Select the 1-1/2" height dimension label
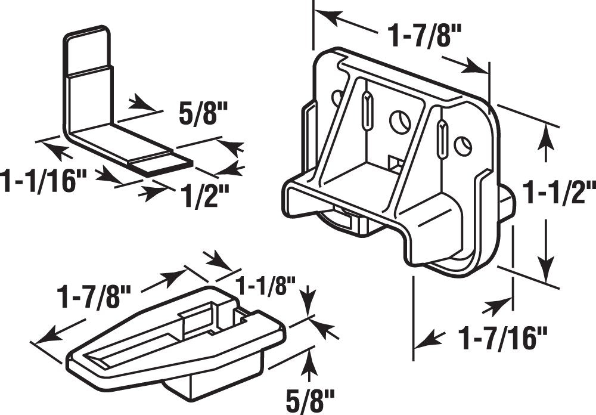click(x=558, y=194)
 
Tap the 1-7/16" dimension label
click(x=503, y=340)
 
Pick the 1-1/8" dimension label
click(x=262, y=286)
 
